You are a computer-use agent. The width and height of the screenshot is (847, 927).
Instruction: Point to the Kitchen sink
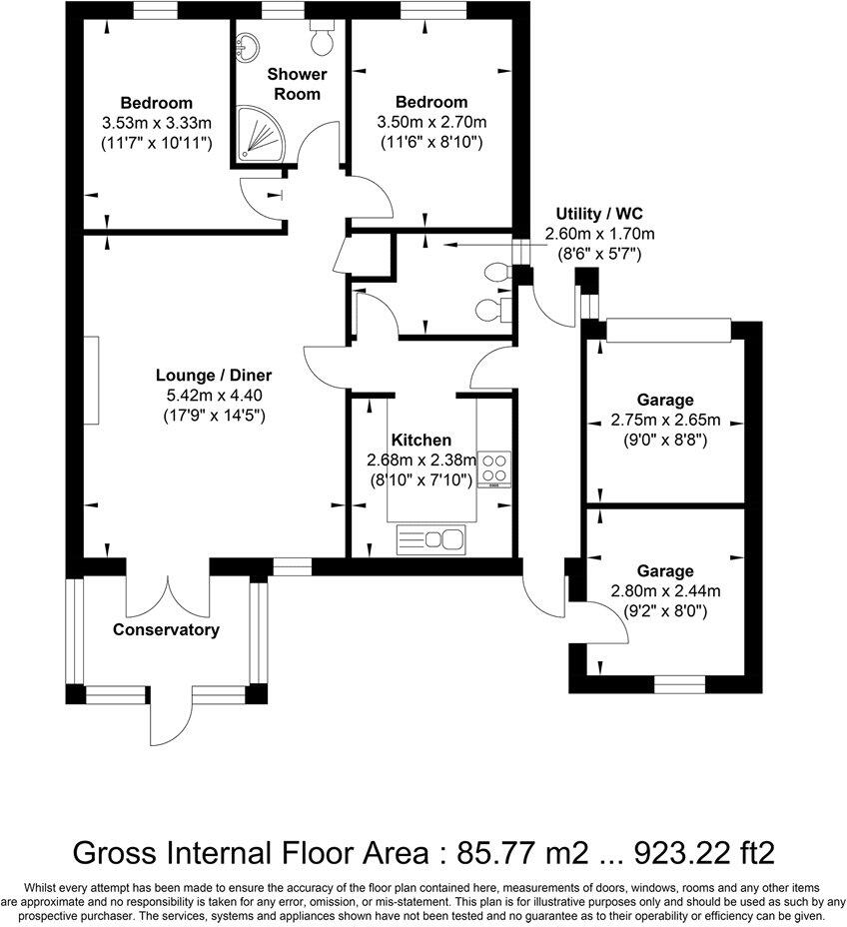pos(432,540)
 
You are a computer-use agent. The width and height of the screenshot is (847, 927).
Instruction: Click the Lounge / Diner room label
pos(214,376)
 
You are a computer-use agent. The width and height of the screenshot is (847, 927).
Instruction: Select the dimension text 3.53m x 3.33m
pos(157,123)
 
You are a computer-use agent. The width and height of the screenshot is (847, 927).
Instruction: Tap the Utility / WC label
pos(598,214)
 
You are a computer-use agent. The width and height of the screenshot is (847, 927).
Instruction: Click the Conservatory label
pos(166,630)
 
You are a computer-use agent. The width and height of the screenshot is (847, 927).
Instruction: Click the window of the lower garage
pos(678,684)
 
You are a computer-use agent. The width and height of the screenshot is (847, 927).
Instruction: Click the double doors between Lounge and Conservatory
pos(170,597)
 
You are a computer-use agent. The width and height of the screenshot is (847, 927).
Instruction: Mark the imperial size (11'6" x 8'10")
pos(431,142)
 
